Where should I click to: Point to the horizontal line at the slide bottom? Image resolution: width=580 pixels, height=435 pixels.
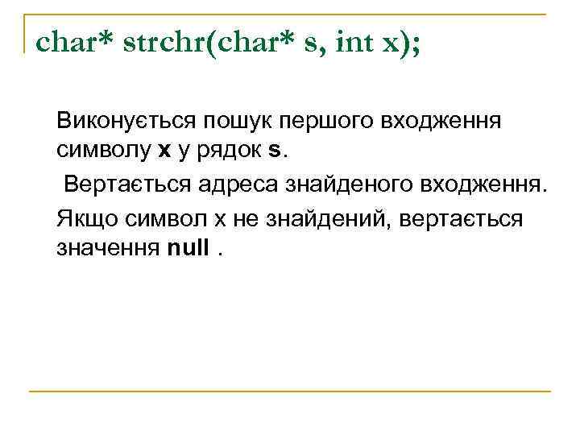click(289, 391)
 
